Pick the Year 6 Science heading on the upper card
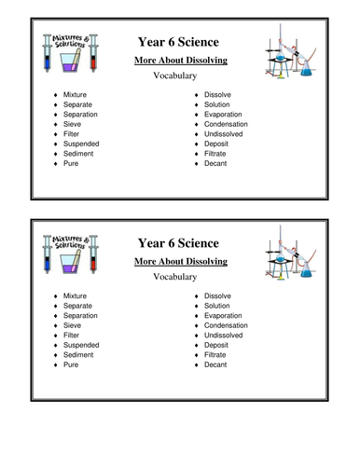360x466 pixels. tap(177, 43)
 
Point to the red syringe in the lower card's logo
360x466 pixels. tap(90, 266)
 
